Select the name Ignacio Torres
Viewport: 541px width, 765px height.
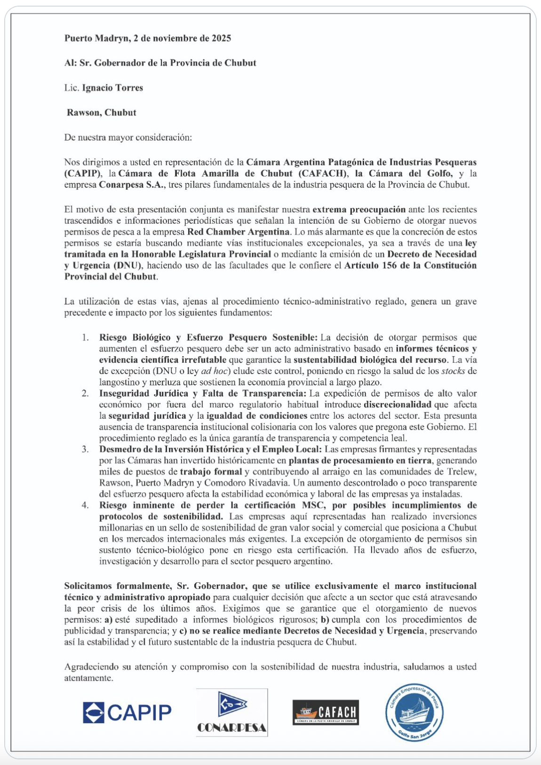point(112,88)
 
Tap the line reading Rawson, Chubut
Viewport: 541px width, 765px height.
point(102,113)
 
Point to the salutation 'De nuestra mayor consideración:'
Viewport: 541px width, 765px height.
point(128,138)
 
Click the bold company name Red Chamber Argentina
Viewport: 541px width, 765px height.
point(238,232)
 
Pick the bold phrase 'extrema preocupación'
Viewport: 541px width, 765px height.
point(359,209)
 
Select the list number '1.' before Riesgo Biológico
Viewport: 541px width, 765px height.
point(85,338)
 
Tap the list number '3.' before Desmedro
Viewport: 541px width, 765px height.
point(85,449)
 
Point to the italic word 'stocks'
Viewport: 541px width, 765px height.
point(453,371)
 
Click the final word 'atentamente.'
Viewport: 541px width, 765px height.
point(88,678)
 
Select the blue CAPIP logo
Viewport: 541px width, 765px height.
point(127,712)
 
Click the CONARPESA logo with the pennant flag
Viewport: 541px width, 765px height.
point(232,712)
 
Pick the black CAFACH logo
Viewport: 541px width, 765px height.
point(326,712)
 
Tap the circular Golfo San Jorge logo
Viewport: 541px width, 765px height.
point(414,712)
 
